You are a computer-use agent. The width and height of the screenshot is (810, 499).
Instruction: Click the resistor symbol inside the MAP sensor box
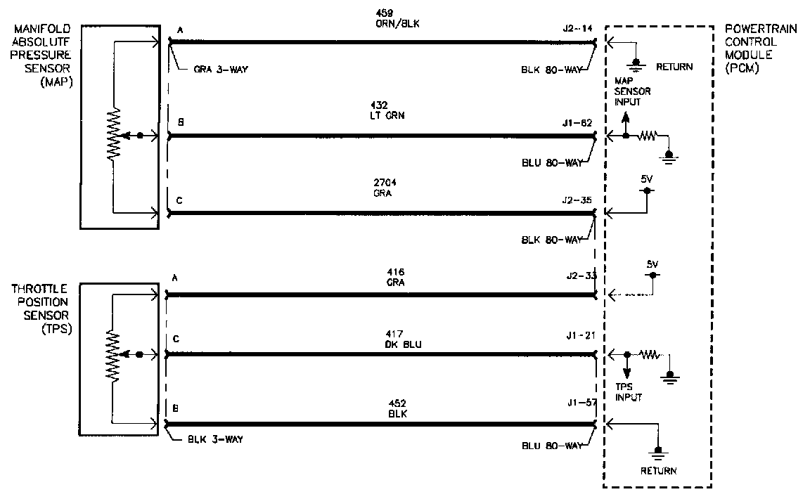(114, 135)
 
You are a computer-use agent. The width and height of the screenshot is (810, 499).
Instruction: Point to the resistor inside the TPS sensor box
(114, 354)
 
